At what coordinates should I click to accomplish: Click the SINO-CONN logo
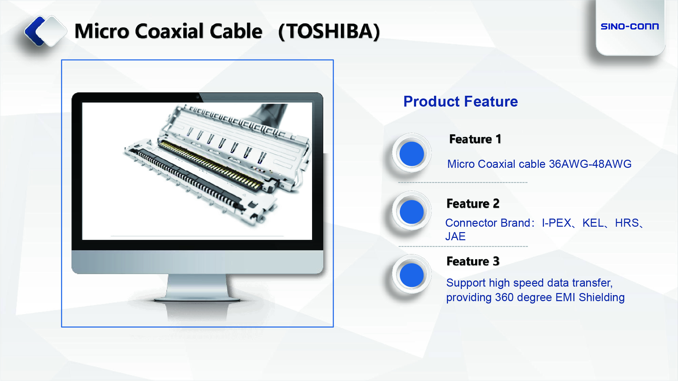[630, 26]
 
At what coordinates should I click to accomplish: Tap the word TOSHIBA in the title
[329, 31]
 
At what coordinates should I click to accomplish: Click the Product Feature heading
[460, 102]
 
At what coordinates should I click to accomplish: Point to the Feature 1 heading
[475, 139]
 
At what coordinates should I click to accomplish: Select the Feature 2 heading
[473, 204]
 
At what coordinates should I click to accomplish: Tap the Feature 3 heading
[473, 261]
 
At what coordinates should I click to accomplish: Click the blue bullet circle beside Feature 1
[412, 154]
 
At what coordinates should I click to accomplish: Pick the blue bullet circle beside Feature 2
[412, 212]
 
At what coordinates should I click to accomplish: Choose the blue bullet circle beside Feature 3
[412, 275]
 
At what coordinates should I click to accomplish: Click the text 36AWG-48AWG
[590, 164]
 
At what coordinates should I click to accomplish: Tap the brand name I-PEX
[556, 223]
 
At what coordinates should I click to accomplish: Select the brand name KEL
[593, 223]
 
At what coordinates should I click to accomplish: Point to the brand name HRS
[627, 223]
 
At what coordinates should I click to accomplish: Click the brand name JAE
[455, 237]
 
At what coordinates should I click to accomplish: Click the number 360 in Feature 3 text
[504, 297]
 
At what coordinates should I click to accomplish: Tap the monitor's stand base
[197, 299]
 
